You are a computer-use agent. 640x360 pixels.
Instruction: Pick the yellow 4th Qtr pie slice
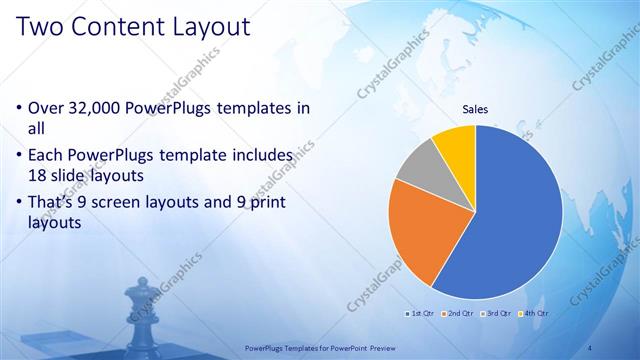click(x=455, y=144)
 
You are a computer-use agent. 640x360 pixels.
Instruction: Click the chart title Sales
click(x=474, y=111)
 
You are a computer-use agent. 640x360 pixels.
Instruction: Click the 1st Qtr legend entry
click(x=419, y=313)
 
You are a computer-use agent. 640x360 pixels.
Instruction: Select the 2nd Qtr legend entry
click(x=457, y=313)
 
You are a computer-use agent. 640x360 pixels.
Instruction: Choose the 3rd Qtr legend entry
click(x=495, y=313)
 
